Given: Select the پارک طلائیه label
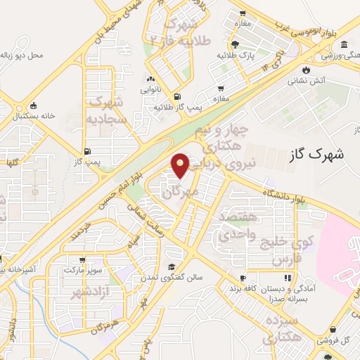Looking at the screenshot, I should (231, 55).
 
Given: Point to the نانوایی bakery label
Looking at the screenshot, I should (150, 89).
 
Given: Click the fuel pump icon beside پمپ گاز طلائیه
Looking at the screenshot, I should (176, 97).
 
